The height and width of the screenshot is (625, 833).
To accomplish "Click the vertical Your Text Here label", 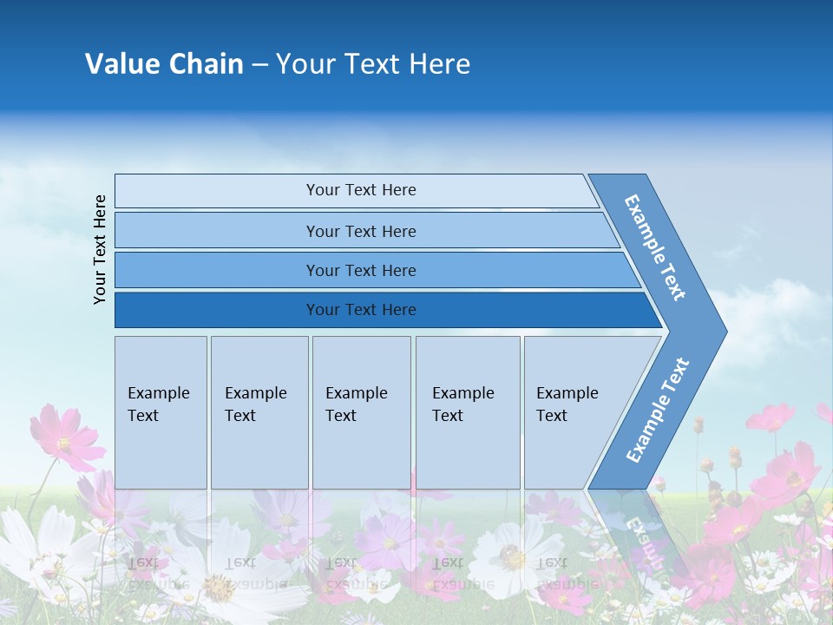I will (x=100, y=249).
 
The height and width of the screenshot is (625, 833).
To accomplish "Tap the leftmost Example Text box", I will (x=161, y=412).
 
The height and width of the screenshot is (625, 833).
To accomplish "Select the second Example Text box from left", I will (x=259, y=412).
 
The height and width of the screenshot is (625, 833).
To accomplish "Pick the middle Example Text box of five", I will (x=361, y=412).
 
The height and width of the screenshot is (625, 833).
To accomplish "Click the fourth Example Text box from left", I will (x=468, y=412).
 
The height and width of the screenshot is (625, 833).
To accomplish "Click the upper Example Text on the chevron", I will (x=655, y=247).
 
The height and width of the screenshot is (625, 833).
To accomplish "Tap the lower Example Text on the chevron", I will (x=658, y=410).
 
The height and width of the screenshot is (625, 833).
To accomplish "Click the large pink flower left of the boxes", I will (x=66, y=438).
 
